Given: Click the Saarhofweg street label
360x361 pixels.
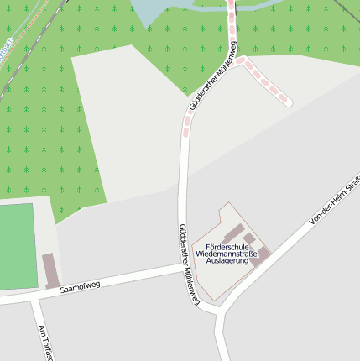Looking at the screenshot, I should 80,286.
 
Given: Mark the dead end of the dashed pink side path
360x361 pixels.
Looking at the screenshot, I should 289,102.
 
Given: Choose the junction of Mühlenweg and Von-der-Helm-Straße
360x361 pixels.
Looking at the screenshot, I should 220,310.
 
